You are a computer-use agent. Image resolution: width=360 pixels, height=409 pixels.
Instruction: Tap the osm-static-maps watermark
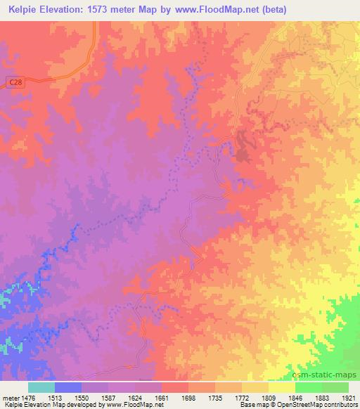(x=326, y=375)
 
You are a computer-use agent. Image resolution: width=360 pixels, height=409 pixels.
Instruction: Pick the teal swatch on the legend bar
(x=41, y=387)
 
